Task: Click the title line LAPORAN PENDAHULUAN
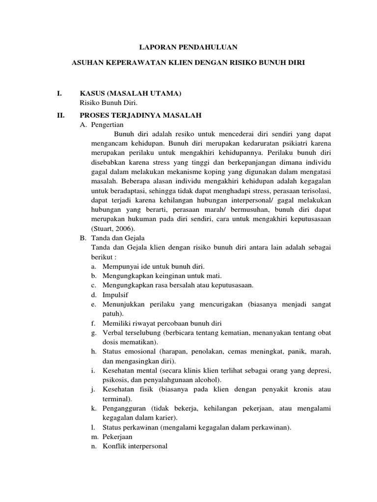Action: (x=189, y=47)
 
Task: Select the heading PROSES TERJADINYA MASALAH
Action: (x=140, y=115)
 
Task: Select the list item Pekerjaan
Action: (x=117, y=436)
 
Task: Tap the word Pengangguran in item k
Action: (x=125, y=408)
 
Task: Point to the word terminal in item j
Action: (x=116, y=399)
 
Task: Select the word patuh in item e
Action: (x=111, y=313)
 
